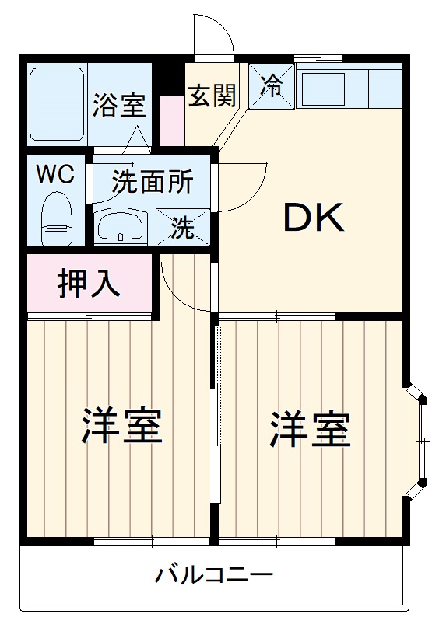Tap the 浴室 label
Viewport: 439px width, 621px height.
118,105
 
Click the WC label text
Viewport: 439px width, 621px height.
57,174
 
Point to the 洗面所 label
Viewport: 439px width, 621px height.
152,181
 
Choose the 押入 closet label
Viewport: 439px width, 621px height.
89,284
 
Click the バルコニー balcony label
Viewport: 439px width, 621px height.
214,576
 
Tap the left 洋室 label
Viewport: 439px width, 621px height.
122,425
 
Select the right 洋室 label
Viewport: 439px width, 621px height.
310,428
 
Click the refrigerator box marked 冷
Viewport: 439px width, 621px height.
272,85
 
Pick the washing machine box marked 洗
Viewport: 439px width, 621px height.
183,227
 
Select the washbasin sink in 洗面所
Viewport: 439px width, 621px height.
121,226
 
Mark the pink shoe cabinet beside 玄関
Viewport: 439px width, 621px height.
171,120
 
